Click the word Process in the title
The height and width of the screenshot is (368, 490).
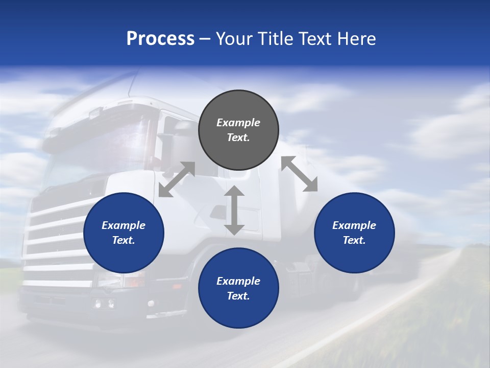[x=160, y=39]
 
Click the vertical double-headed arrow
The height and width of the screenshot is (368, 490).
[x=234, y=211]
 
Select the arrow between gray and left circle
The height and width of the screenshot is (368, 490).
[x=177, y=179]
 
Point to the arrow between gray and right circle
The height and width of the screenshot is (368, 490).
[x=300, y=174]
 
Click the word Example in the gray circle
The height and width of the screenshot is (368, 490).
[x=238, y=123]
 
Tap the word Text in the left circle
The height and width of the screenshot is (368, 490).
[x=124, y=240]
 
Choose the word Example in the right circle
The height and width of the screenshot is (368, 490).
[x=354, y=225]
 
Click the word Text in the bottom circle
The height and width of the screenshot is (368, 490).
[x=238, y=296]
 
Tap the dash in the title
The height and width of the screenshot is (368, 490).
[x=205, y=39]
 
